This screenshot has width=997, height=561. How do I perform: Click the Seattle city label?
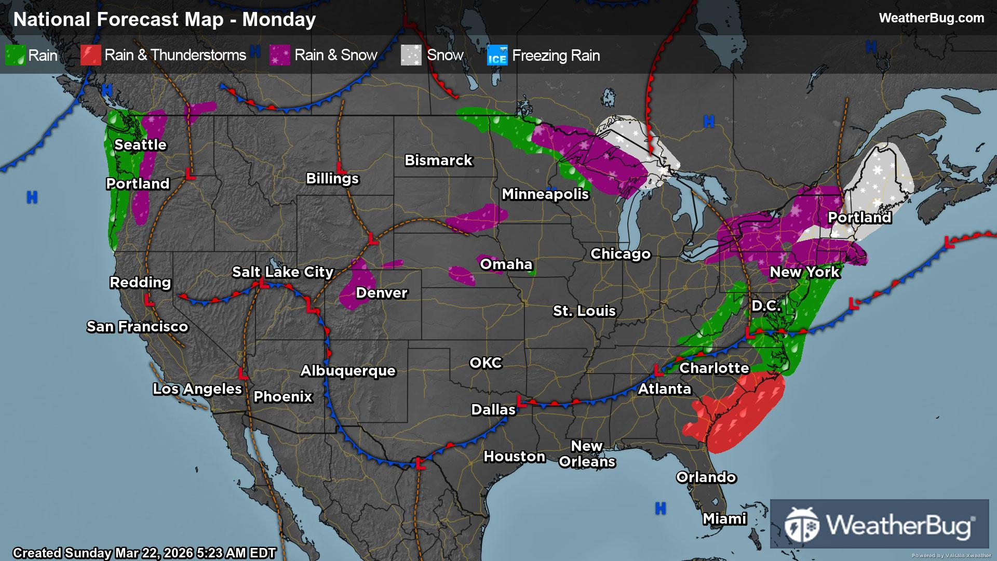coord(140,144)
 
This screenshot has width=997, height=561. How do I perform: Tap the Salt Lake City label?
coord(282,272)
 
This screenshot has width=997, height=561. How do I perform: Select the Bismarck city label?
coord(438,160)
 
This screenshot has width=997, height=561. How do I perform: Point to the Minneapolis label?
coord(545,194)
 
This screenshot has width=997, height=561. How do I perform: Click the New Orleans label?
coord(587,453)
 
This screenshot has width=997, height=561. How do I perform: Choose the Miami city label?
coord(724,518)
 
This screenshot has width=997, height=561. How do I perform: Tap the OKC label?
coord(486,363)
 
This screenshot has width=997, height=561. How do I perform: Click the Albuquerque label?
coord(348,370)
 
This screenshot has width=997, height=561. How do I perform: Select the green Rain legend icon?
coord(15,55)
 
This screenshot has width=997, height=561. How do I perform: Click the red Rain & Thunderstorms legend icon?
coord(90,55)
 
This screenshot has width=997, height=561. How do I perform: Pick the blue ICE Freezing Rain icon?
coord(497,55)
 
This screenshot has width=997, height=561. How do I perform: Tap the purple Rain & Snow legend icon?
coord(280,55)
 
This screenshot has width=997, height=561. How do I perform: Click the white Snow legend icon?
coord(411,55)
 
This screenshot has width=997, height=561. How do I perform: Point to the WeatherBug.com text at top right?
coord(931,18)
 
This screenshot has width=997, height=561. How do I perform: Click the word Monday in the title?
coord(279,19)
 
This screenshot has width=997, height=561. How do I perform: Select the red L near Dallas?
coord(522,401)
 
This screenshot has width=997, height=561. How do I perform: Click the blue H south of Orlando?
coord(660,508)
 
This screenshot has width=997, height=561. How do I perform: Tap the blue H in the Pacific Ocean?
coord(32,197)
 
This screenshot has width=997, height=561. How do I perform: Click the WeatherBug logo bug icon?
coord(801,525)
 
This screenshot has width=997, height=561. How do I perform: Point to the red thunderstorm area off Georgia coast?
coord(737,410)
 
